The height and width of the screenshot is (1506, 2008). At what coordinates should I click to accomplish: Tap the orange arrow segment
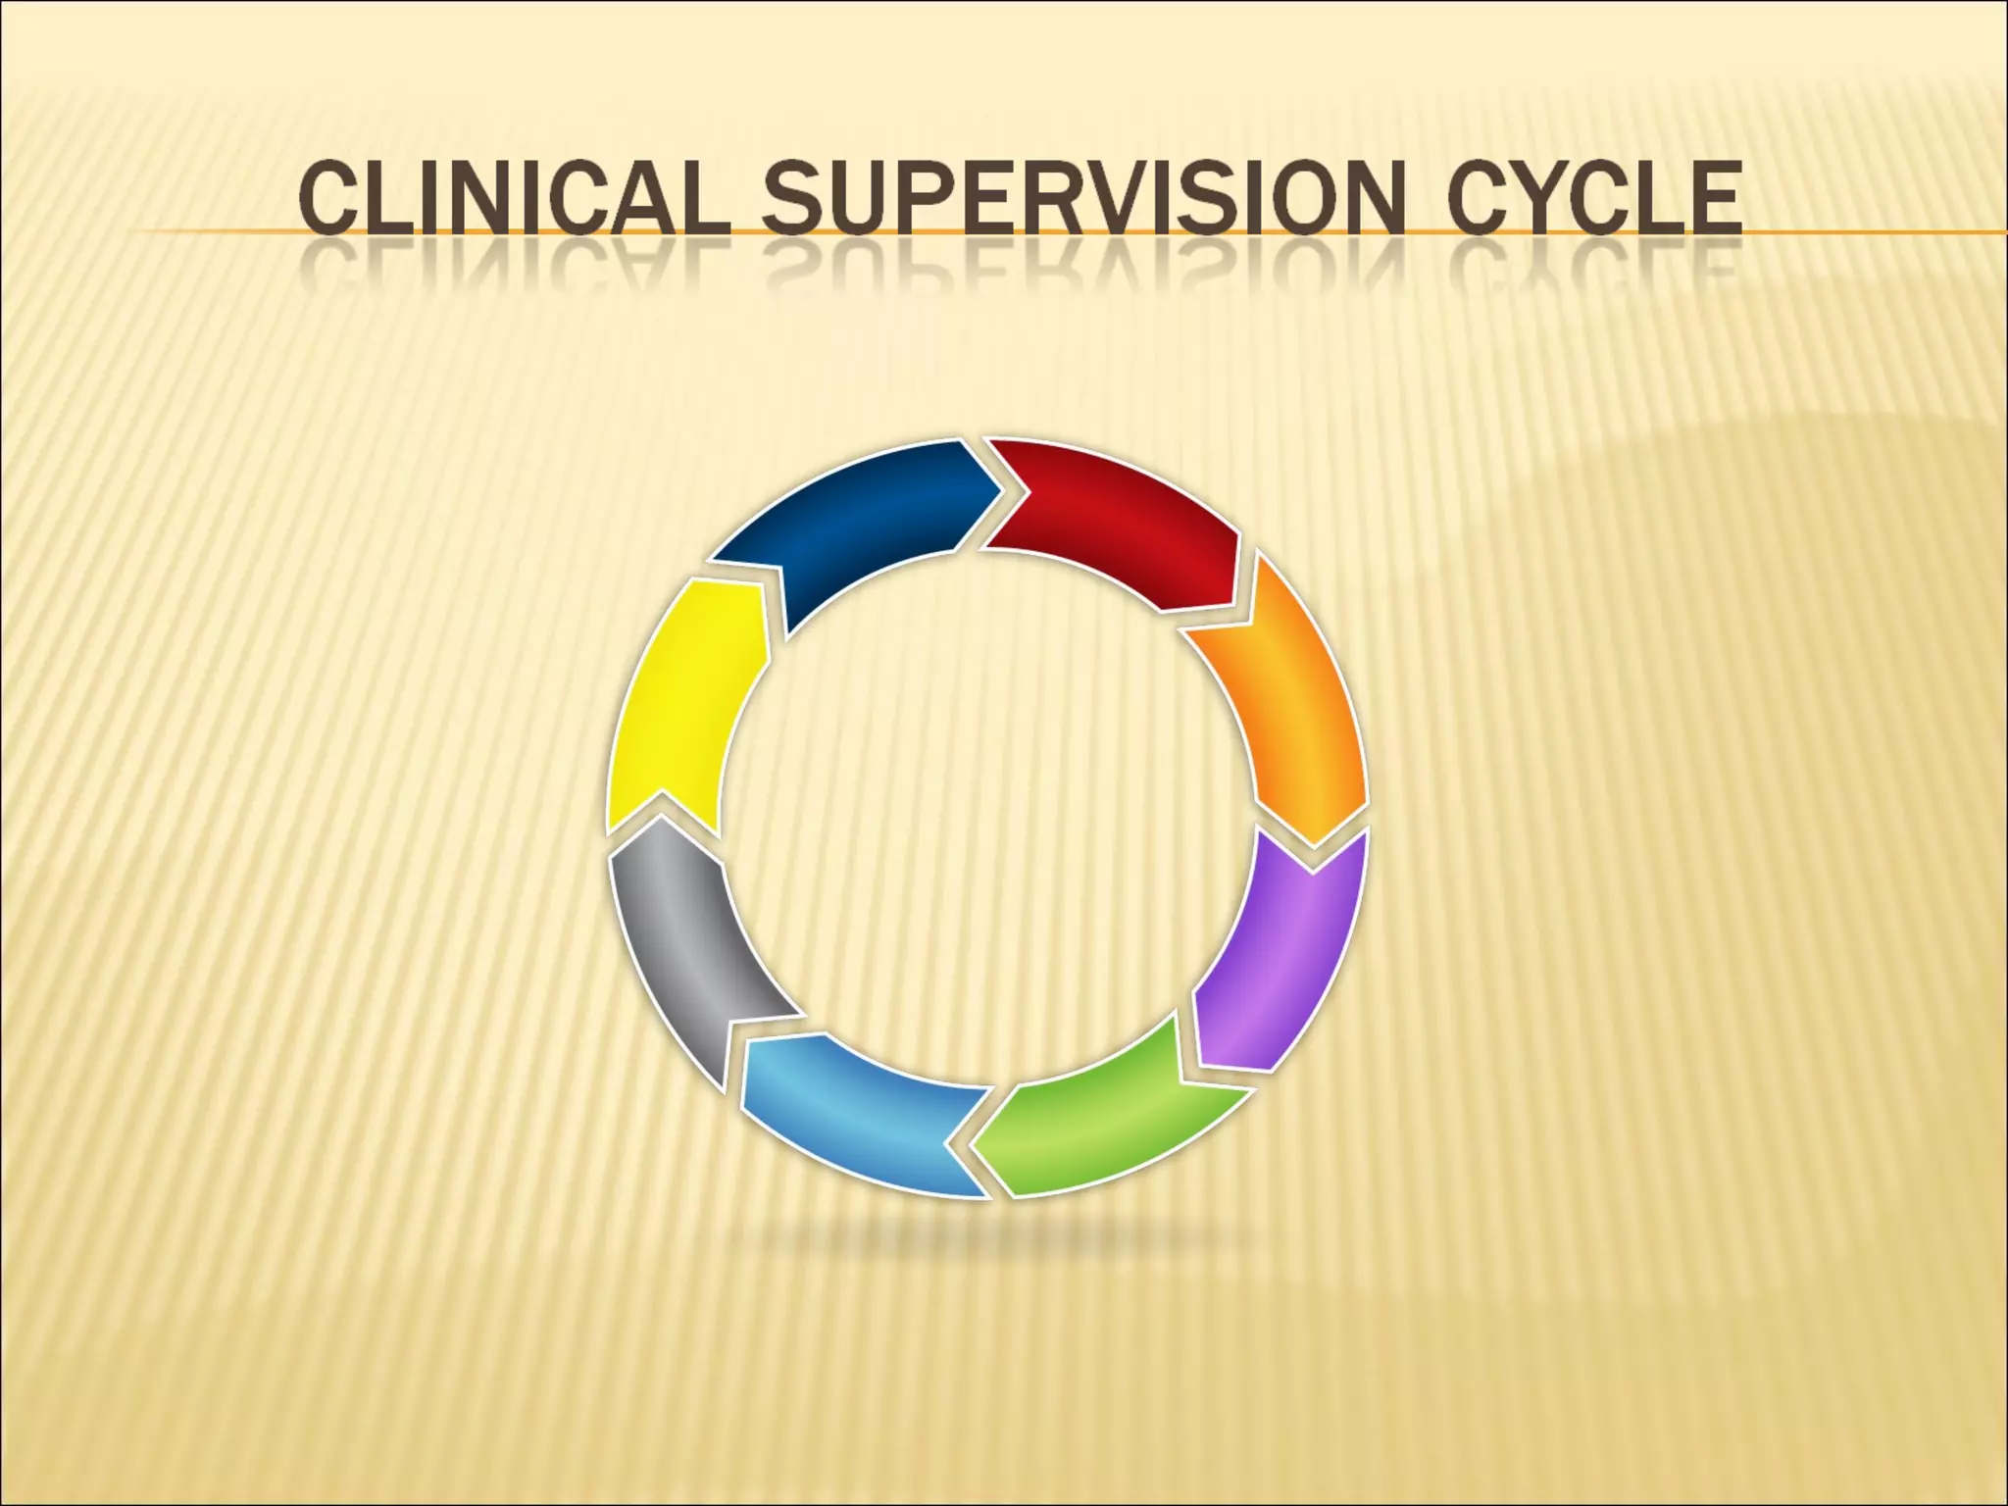[1284, 706]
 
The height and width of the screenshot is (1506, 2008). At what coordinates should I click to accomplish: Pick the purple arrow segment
[1284, 961]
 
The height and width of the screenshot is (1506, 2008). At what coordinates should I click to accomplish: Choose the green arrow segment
[1118, 1128]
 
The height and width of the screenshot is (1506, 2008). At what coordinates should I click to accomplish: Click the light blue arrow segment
[853, 1118]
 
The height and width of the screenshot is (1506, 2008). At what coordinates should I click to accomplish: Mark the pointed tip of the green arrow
[973, 1147]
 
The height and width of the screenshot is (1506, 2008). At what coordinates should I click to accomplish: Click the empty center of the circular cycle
[988, 819]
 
